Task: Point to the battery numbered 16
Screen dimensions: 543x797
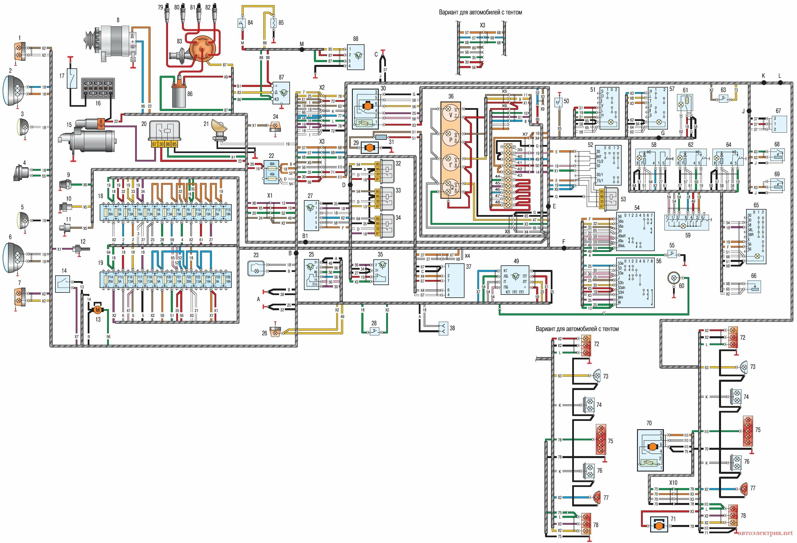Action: tap(98, 88)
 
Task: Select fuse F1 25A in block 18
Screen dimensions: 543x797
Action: tap(111, 212)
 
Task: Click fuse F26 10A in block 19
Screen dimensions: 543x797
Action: tap(228, 279)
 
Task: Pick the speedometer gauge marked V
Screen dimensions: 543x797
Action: tap(450, 112)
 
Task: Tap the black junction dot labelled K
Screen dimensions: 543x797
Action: tap(764, 82)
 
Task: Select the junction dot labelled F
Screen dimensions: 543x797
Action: tap(564, 248)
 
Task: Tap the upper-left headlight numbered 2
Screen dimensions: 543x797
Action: tap(14, 90)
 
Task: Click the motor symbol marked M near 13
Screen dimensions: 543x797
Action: tap(98, 310)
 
